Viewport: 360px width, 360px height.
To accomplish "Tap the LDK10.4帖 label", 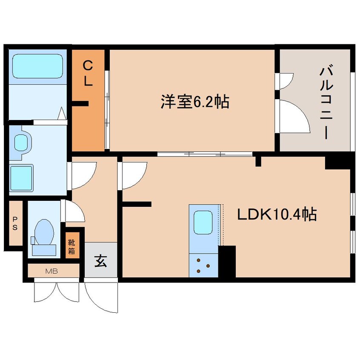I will (x=277, y=215).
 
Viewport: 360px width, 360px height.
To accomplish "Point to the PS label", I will (x=15, y=224).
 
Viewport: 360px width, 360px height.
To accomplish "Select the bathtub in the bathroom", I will (x=37, y=66).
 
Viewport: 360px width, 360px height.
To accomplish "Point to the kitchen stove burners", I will (x=204, y=265).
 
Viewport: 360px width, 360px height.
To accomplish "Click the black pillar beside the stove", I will (x=227, y=261).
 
